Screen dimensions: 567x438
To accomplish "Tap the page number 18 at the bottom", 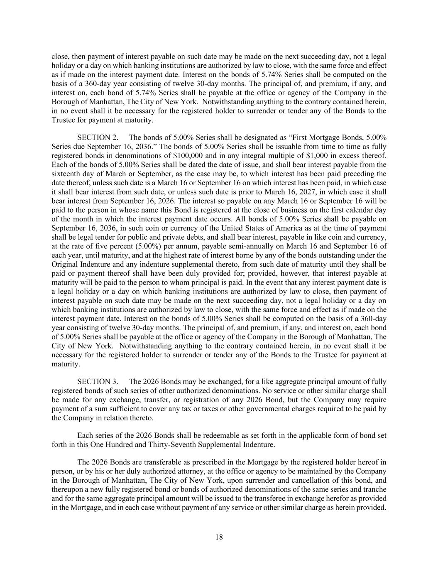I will pos(219,537).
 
